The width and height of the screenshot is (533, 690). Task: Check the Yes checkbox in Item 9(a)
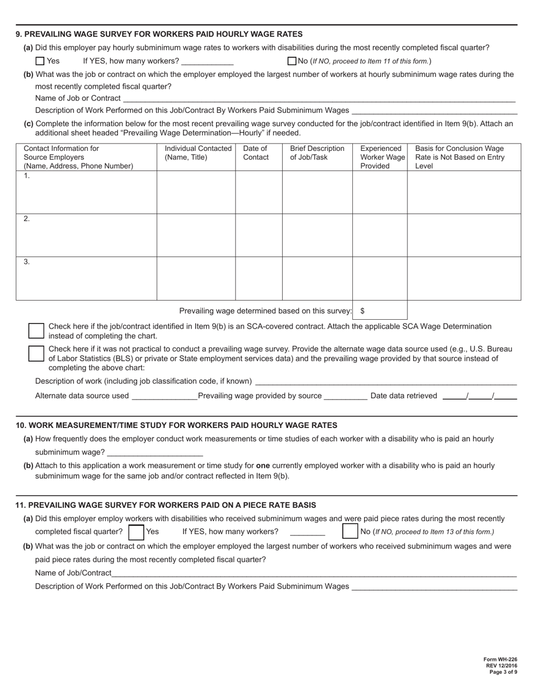click(x=39, y=61)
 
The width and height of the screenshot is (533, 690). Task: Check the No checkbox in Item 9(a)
click(x=292, y=61)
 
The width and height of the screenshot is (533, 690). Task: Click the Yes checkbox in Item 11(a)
click(x=136, y=531)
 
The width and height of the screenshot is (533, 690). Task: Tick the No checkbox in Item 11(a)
click(x=350, y=531)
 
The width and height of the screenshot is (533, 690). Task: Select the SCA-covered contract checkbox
click(x=36, y=330)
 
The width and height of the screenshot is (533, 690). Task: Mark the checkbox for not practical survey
click(x=36, y=353)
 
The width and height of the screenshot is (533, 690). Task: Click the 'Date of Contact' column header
click(x=255, y=153)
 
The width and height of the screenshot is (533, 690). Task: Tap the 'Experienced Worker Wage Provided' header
click(x=379, y=157)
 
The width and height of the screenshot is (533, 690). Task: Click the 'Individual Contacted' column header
click(x=197, y=153)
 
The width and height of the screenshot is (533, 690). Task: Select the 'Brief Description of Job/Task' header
click(x=317, y=153)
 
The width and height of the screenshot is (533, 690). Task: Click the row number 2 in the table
click(x=26, y=219)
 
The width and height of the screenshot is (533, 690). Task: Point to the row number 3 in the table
click(x=26, y=262)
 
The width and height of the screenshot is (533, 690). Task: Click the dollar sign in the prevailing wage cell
click(x=362, y=311)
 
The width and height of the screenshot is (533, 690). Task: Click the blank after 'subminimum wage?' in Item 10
click(x=155, y=452)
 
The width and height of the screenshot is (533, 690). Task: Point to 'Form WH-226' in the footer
click(x=500, y=660)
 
